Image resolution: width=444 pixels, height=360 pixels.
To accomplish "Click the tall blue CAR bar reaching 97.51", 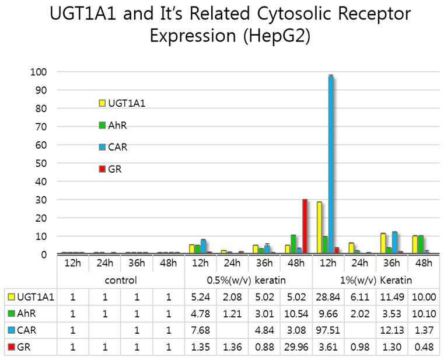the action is point(331,165).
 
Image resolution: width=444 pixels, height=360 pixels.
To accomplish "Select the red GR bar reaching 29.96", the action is point(305,226).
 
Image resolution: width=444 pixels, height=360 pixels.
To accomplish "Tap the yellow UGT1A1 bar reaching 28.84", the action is point(319,228).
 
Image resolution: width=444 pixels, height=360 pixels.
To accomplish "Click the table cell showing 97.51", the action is point(328,330).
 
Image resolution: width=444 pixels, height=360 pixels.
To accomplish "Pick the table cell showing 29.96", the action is point(296,347).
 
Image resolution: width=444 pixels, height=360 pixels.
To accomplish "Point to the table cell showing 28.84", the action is point(328,297).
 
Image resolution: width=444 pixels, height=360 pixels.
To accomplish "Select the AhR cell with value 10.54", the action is point(296,314).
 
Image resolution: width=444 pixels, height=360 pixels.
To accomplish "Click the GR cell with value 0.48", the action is point(424,347).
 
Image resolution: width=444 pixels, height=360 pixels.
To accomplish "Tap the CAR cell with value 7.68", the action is point(201,330).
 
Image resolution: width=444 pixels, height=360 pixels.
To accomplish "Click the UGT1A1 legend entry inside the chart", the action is point(122,103).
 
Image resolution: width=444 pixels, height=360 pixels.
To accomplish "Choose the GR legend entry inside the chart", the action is point(110,169).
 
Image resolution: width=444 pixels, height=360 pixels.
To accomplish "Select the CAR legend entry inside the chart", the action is point(113,147).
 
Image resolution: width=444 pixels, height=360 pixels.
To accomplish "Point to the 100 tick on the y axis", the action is point(39,72).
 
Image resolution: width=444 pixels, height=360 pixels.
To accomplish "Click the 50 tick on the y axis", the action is point(41,163).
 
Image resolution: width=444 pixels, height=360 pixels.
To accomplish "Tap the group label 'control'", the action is point(121,281).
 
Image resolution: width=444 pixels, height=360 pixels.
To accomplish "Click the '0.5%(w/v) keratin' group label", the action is point(246,281).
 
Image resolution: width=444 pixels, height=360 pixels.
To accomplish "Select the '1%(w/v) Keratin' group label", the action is point(376,281).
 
